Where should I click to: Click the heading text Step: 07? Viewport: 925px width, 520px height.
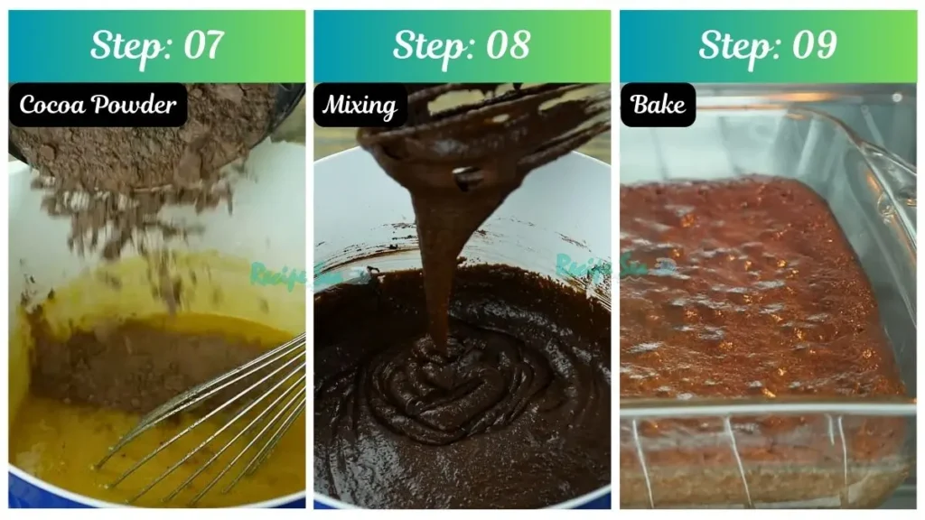point(156,45)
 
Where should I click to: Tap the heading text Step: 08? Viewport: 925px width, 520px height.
point(462,45)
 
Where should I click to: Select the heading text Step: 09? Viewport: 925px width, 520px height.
point(767,45)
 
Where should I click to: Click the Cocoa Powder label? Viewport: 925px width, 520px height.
point(98,105)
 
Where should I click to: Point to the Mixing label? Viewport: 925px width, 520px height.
point(360,106)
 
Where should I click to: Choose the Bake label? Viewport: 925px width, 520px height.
point(658,105)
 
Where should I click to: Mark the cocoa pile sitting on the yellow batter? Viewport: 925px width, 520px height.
point(135,361)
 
